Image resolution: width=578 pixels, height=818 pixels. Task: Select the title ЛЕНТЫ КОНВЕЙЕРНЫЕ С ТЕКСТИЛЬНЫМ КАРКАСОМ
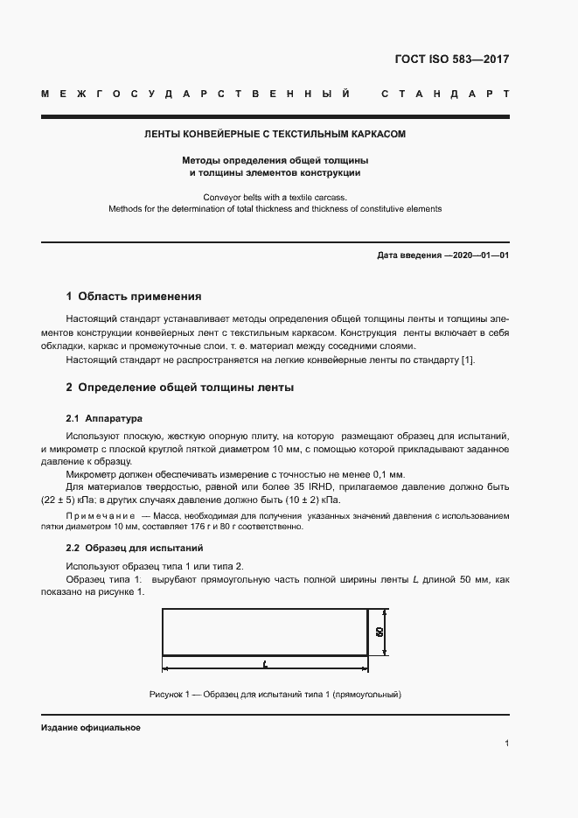[x=275, y=135]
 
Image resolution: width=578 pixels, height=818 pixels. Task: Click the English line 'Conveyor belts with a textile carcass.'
[x=275, y=197]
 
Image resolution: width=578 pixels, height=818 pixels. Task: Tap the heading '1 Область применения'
[x=134, y=296]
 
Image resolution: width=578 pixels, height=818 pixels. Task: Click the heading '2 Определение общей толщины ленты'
[x=180, y=387]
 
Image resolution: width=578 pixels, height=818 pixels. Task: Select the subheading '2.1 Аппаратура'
[x=104, y=418]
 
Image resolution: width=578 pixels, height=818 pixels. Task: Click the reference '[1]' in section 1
[x=468, y=360]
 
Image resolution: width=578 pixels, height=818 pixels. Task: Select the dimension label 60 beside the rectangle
[x=380, y=632]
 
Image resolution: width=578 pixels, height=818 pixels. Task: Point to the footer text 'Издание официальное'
[x=91, y=728]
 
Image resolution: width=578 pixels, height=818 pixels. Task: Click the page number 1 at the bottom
[x=506, y=743]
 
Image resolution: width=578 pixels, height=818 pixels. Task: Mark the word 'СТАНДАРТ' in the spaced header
[x=444, y=94]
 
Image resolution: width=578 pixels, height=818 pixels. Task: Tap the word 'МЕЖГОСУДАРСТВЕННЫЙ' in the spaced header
[x=197, y=94]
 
